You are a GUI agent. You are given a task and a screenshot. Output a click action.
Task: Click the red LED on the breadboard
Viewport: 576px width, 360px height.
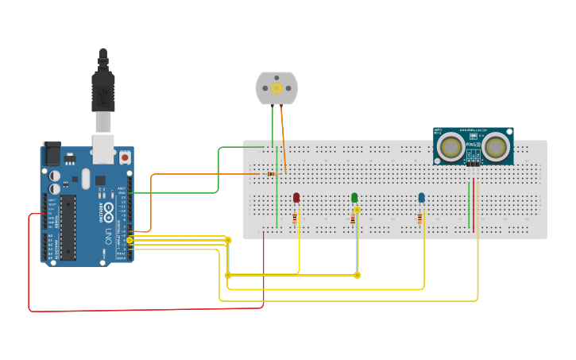pyautogui.click(x=296, y=197)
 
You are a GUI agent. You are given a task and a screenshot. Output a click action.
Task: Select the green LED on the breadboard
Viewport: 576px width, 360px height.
pyautogui.click(x=354, y=197)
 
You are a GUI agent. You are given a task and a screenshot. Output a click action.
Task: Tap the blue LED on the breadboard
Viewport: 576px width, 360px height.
pyautogui.click(x=421, y=197)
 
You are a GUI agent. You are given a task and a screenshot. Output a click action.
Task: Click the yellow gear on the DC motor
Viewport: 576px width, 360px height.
pyautogui.click(x=276, y=87)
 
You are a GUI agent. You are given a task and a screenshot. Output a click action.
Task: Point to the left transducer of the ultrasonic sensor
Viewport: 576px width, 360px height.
pyautogui.click(x=451, y=146)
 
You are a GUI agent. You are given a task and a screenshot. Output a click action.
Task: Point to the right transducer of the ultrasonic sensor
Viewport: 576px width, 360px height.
pyautogui.click(x=497, y=146)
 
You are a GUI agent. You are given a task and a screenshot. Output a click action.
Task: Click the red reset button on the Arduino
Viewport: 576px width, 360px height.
pyautogui.click(x=125, y=157)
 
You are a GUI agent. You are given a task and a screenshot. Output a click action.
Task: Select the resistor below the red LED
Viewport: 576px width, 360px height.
pyautogui.click(x=295, y=217)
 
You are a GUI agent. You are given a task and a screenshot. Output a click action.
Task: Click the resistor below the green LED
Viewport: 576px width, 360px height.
pyautogui.click(x=353, y=219)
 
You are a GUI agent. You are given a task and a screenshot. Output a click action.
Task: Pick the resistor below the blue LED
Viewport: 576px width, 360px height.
pyautogui.click(x=419, y=219)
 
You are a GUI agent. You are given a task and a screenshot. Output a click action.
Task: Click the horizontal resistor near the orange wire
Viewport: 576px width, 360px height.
pyautogui.click(x=271, y=173)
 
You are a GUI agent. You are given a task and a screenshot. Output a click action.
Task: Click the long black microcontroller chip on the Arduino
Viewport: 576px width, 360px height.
pyautogui.click(x=68, y=226)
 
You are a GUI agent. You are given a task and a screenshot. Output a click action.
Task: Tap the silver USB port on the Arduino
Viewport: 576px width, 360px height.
pyautogui.click(x=102, y=144)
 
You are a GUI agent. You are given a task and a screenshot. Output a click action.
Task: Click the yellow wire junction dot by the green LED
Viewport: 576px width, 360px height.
pyautogui.click(x=357, y=210)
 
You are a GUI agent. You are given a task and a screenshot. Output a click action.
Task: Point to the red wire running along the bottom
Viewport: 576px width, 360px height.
pyautogui.click(x=143, y=309)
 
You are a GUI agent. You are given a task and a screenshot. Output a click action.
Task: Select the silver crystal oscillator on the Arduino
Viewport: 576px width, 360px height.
pyautogui.click(x=86, y=177)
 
